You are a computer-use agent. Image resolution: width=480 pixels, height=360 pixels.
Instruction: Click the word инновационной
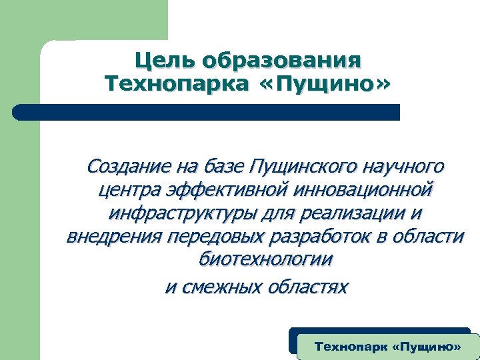point(366,190)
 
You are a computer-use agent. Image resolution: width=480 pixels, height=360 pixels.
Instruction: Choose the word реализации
point(348,214)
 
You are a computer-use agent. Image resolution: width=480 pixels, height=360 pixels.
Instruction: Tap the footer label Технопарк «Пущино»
point(387,347)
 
